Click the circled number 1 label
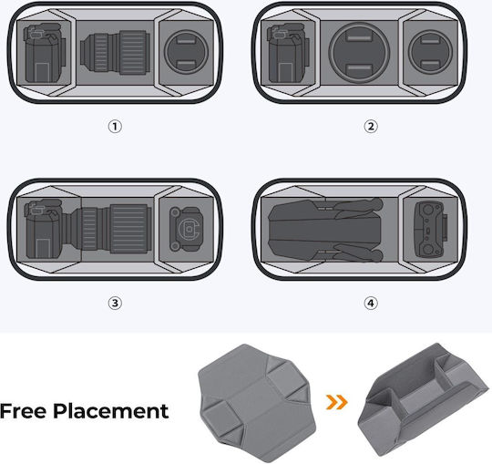coord(115,127)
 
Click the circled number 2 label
coord(371,127)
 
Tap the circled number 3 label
coord(115,303)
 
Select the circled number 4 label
coord(371,303)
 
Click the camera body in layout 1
coord(45,53)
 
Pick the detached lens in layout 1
coord(115,52)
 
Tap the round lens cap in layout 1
coord(187,52)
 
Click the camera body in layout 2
coord(288,53)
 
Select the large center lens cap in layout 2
coord(359,52)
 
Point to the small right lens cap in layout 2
coord(430,52)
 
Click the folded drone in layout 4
coord(326,230)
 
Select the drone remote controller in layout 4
coord(431,229)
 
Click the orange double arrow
coord(337,402)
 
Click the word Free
coord(23,411)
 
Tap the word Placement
coord(111,411)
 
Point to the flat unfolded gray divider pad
coord(257,403)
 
